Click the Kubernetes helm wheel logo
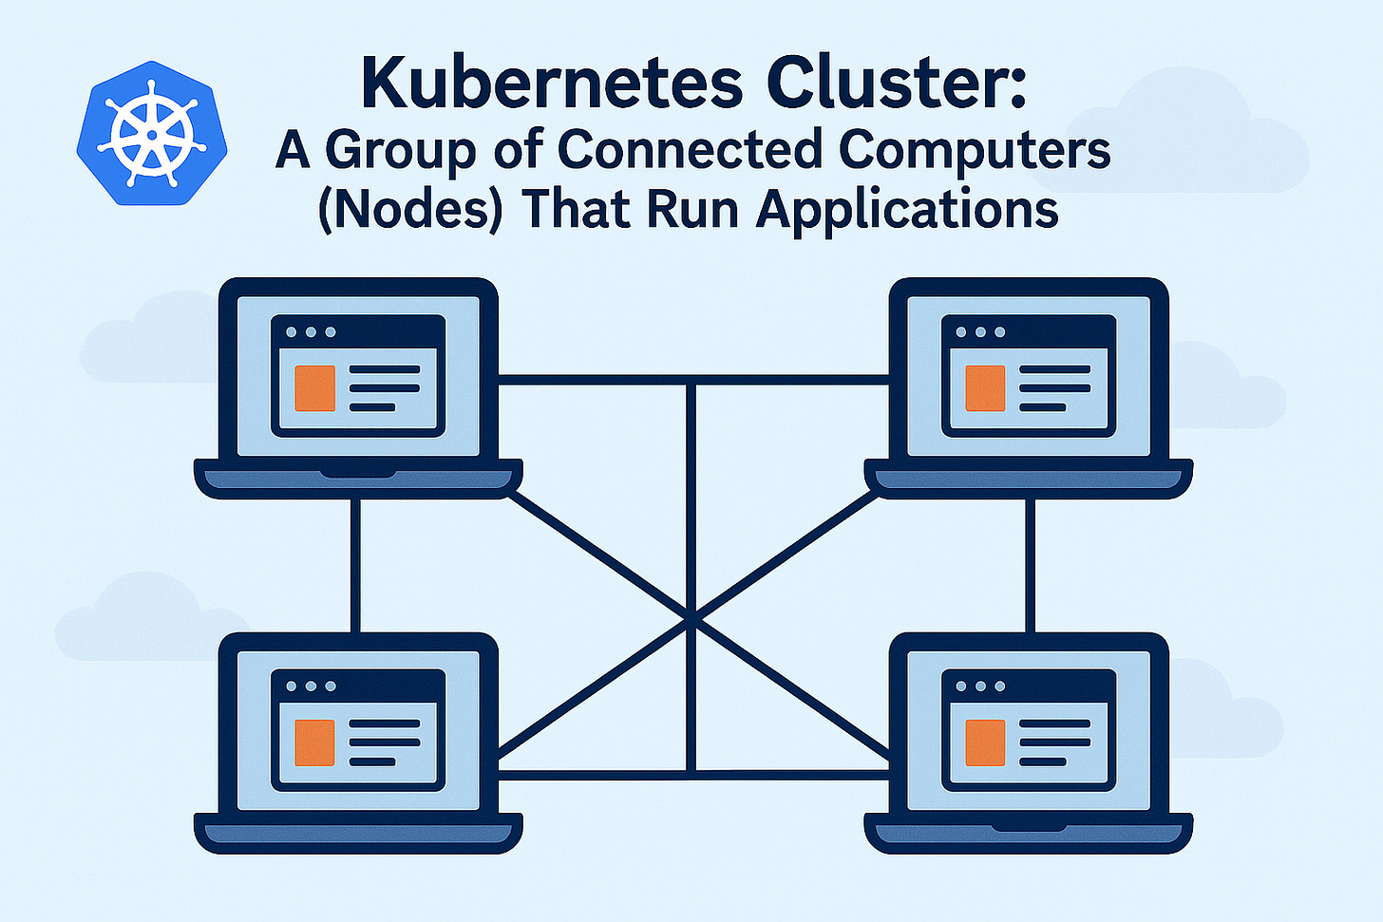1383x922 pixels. [x=152, y=134]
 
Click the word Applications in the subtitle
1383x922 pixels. [x=907, y=210]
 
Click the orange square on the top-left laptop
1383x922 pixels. [x=314, y=388]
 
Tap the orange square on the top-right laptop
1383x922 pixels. [x=985, y=388]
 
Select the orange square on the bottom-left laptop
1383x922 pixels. [x=314, y=743]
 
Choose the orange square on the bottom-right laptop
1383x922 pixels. [x=985, y=743]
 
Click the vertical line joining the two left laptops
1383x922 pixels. [x=356, y=565]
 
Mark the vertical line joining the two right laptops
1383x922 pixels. [x=1029, y=565]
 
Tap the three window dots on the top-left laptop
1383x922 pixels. [x=311, y=332]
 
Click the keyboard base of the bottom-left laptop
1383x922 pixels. [x=358, y=833]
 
